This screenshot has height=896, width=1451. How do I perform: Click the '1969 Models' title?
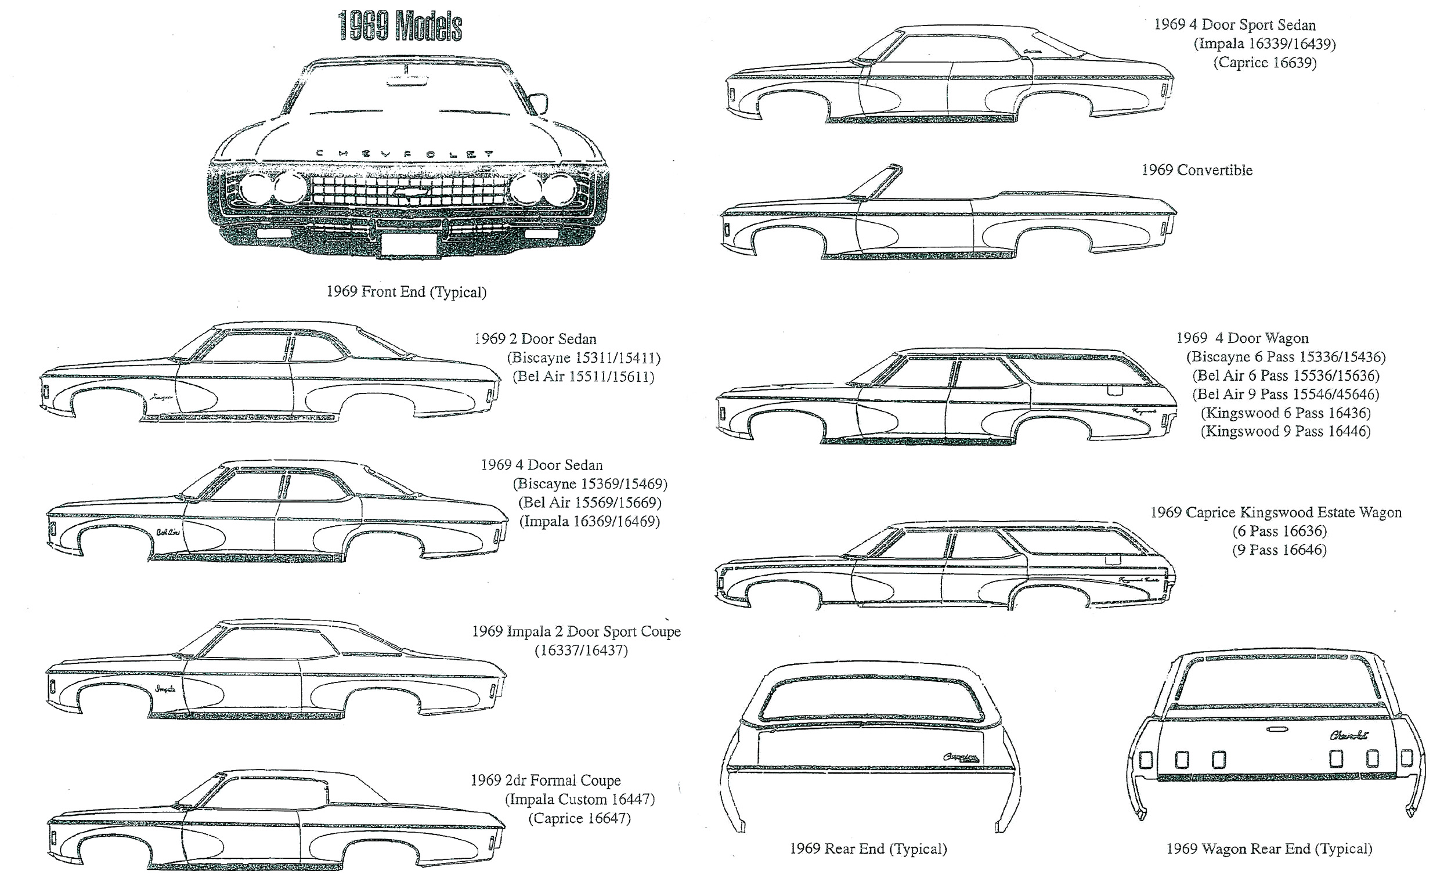pos(399,27)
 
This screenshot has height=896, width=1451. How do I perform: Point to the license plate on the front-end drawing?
pos(409,244)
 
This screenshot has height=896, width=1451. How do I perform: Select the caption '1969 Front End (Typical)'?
pos(406,291)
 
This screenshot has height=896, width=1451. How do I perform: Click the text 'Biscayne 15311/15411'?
pos(584,358)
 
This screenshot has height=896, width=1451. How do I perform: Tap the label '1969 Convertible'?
pos(1197,170)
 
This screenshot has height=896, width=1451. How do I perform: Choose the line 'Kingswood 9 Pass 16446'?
pos(1286,431)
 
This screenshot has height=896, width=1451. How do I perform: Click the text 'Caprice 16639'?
pos(1264,62)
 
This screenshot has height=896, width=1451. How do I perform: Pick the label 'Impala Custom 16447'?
pos(580,800)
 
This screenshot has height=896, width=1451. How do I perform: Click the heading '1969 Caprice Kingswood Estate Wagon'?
pos(1276,512)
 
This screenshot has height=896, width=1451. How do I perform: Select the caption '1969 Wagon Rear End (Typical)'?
pos(1269,848)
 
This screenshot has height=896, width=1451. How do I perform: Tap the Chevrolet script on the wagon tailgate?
pos(1348,735)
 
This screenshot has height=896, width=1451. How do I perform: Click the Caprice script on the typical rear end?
pos(960,757)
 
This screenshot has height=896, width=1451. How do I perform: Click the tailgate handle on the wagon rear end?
pos(1276,729)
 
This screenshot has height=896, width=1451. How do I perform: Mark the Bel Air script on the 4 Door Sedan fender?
pos(168,532)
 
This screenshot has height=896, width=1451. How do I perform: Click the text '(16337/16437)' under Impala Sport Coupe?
pos(581,651)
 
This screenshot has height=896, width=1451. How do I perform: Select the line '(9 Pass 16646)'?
pos(1279,550)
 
